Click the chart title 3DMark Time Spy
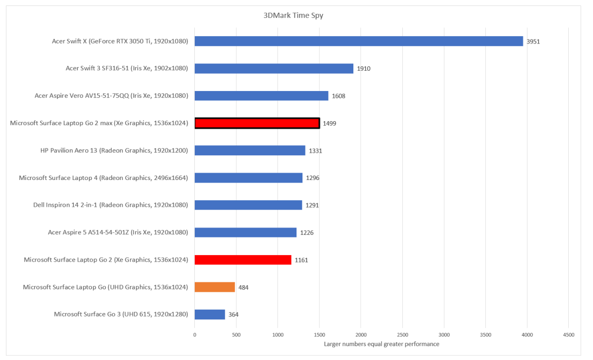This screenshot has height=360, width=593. (x=294, y=15)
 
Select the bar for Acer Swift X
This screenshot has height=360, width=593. (x=359, y=41)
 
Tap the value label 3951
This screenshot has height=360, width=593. (x=533, y=42)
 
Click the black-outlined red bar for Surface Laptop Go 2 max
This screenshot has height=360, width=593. (x=257, y=123)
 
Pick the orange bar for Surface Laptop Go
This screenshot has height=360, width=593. (x=214, y=287)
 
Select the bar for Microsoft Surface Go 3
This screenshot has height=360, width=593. (x=210, y=314)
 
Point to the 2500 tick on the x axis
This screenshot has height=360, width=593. (x=402, y=335)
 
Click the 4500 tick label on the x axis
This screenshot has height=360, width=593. (x=568, y=335)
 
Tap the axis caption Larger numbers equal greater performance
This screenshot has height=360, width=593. (x=381, y=344)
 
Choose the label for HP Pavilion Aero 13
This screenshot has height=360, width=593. (x=114, y=150)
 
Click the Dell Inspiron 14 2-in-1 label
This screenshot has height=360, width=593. (x=110, y=205)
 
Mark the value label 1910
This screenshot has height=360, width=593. (x=364, y=69)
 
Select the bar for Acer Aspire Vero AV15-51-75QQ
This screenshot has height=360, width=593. (x=261, y=96)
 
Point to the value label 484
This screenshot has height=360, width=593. (x=243, y=287)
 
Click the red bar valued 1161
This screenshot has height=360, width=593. (x=243, y=260)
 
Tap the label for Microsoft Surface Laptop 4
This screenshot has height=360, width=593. (x=103, y=178)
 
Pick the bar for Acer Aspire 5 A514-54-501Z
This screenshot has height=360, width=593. (x=246, y=232)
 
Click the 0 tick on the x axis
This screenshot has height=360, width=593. (x=195, y=335)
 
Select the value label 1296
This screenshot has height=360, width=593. (x=313, y=178)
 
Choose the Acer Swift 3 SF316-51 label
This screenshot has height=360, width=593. (x=127, y=68)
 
